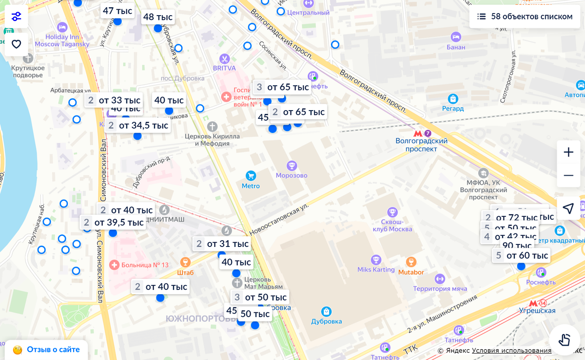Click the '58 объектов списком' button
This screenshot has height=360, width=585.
click(525, 17)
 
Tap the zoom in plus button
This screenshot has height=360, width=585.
click(568, 152)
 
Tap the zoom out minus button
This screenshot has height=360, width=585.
click(568, 175)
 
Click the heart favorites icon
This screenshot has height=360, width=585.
click(17, 44)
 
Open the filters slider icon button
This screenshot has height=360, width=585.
click(17, 17)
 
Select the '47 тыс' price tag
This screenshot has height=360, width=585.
click(117, 11)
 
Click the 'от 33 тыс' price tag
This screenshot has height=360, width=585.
click(114, 100)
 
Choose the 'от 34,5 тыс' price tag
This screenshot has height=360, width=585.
click(137, 126)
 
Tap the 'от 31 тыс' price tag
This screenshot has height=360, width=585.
click(222, 244)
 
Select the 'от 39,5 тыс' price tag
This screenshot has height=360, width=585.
click(113, 223)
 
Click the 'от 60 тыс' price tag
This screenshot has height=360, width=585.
click(521, 256)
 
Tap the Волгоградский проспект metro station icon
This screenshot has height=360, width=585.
click(418, 133)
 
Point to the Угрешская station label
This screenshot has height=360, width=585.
click(537, 310)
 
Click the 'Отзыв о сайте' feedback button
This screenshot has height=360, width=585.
click(46, 350)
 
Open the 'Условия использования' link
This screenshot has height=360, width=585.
click(511, 351)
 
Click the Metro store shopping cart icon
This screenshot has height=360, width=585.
click(251, 175)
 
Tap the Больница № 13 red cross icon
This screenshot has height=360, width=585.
click(114, 265)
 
